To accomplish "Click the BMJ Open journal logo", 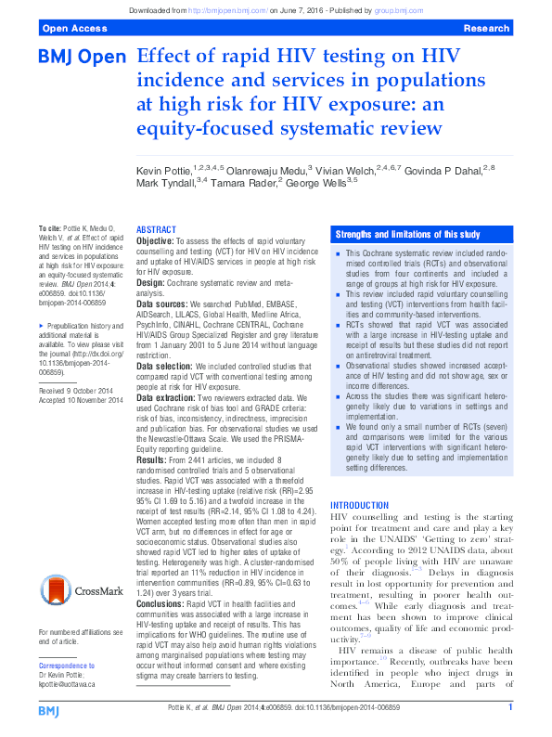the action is tap(82, 58).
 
